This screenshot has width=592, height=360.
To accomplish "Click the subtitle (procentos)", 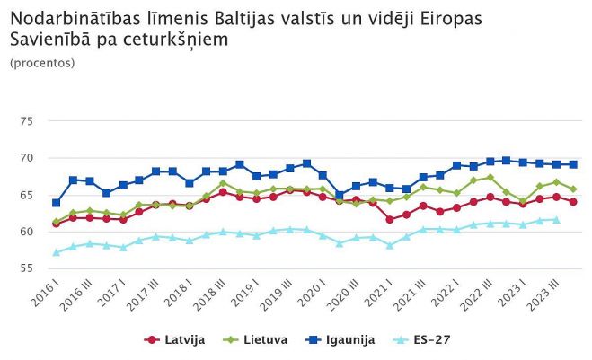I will pos(42,63).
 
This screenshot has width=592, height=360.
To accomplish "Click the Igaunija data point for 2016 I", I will pos(57,203).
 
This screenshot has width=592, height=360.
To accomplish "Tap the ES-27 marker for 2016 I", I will pos(57,253).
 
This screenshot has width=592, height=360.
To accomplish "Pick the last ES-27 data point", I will pos(556,219).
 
